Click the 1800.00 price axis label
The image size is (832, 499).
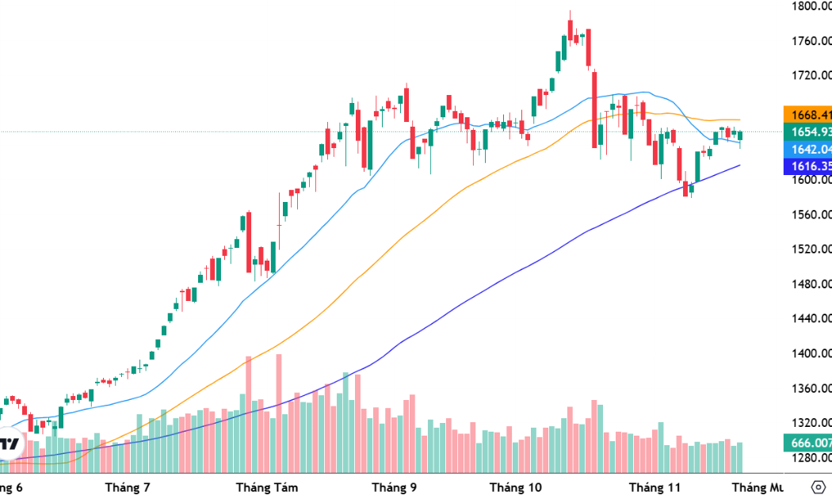811,6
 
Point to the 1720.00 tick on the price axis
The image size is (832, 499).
811,76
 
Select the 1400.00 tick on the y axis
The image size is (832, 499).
811,353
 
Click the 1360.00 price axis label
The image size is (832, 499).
811,388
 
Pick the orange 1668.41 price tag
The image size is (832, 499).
807,114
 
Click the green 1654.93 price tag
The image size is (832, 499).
807,131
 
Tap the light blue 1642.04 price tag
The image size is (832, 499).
807,149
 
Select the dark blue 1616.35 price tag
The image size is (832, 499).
807,166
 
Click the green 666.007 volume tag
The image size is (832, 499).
807,443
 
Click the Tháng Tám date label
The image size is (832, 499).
267,487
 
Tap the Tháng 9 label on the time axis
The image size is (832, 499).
395,487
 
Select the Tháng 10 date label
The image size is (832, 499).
515,487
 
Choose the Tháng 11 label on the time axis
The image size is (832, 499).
655,487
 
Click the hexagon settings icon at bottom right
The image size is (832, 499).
819,486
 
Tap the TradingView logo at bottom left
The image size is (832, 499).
10,444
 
